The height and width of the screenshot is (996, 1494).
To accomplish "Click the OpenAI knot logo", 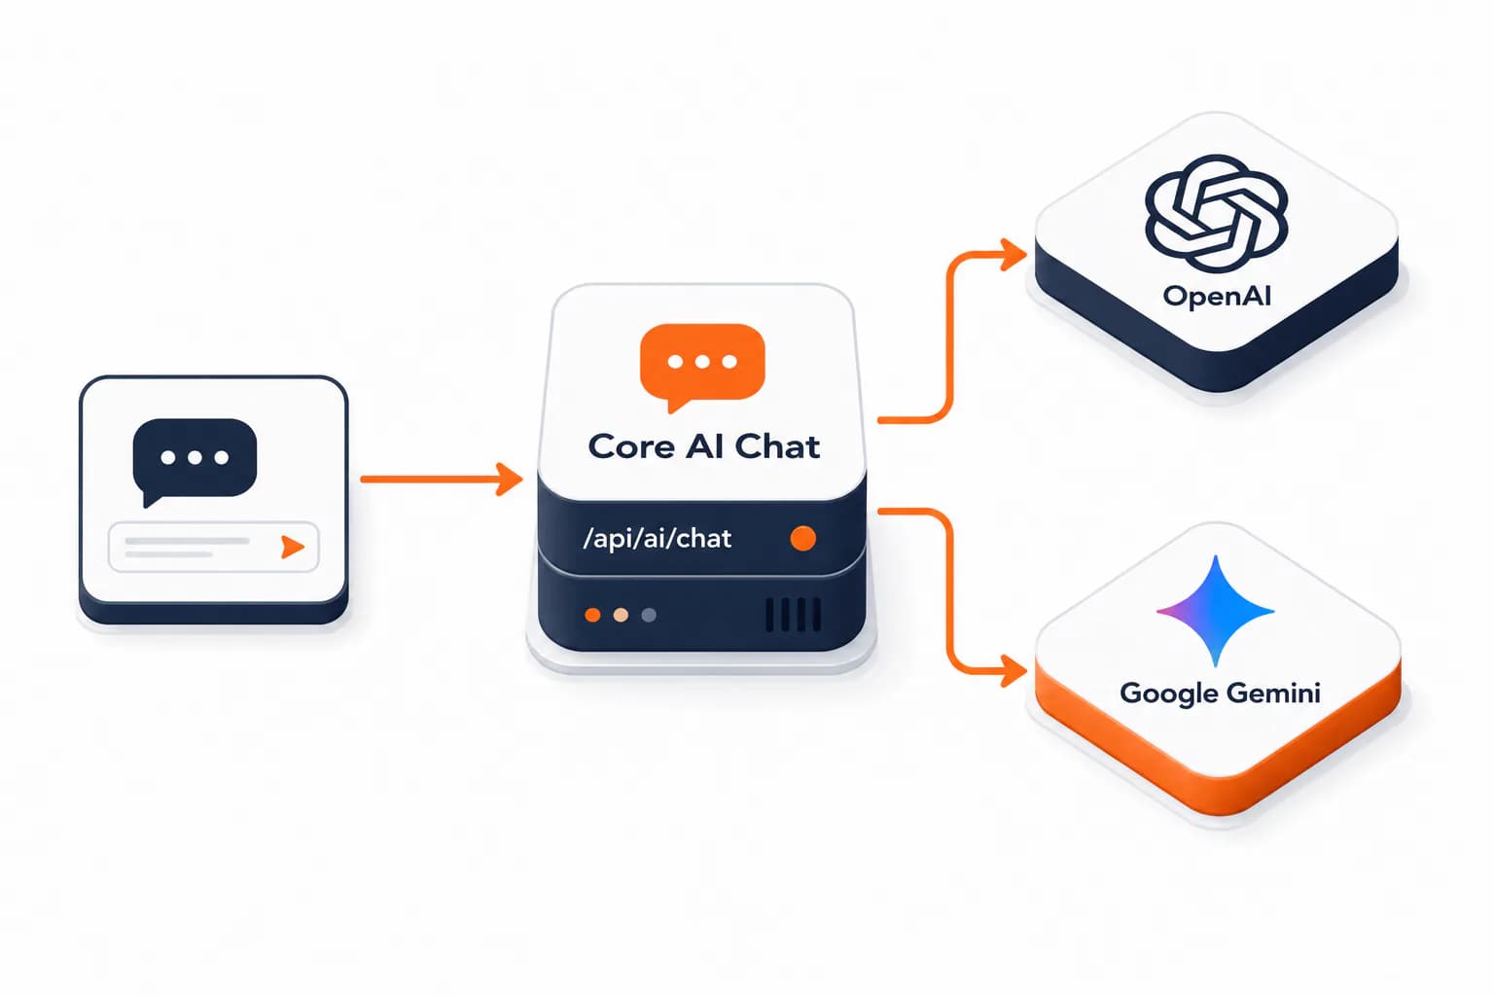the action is click(1216, 213).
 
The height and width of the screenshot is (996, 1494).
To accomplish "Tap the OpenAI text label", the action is click(1217, 296).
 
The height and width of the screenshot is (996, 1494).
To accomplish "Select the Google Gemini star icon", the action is click(1215, 611).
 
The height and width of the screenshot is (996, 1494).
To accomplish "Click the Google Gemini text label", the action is click(1220, 694).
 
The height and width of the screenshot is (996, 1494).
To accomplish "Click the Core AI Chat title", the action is click(703, 446).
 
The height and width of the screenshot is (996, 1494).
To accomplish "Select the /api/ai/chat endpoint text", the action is click(657, 538).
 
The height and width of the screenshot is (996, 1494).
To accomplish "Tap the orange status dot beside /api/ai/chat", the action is click(803, 538).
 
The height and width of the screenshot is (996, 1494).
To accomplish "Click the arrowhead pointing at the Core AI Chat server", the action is click(510, 479).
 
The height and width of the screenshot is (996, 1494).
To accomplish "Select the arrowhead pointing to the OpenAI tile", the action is click(1014, 254).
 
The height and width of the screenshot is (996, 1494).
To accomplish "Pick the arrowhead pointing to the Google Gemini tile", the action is click(1014, 671).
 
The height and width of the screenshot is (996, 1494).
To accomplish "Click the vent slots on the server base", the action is click(793, 615).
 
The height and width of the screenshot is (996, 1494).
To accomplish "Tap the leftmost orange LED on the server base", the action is click(592, 615).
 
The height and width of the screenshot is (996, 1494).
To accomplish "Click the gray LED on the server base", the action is click(649, 615).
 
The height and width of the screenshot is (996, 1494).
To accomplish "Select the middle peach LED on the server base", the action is click(621, 615).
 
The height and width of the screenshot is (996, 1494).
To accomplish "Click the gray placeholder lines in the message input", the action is click(188, 547).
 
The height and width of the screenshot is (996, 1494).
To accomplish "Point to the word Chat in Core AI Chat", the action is click(778, 446).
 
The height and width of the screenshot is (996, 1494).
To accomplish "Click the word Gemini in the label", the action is click(1273, 694).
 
